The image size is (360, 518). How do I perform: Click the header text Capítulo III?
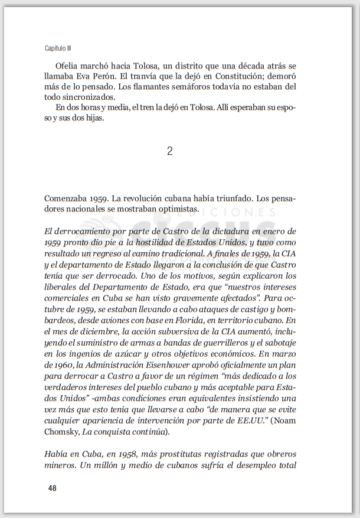(x=58, y=47)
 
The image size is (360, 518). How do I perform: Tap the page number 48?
(x=53, y=488)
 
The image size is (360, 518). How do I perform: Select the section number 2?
(x=170, y=151)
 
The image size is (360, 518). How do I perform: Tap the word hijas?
(x=93, y=118)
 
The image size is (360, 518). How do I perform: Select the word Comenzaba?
(x=66, y=198)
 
